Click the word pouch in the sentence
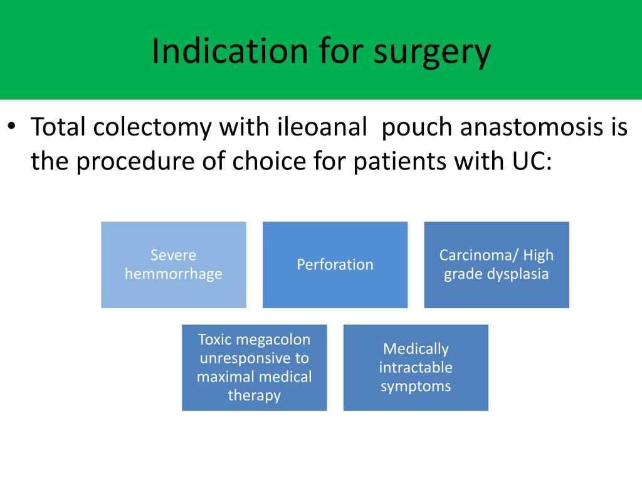click(417, 127)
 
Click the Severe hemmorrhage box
click(174, 264)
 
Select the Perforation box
click(335, 264)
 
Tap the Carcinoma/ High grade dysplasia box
click(497, 264)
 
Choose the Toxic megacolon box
click(254, 367)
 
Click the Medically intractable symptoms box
click(416, 367)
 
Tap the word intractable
click(416, 367)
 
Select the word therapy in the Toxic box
click(254, 395)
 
